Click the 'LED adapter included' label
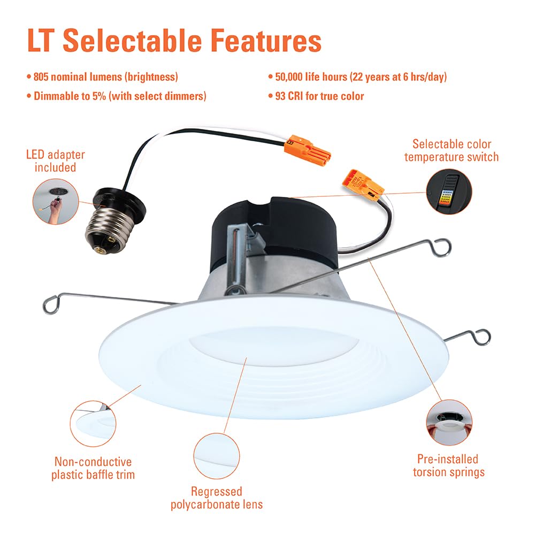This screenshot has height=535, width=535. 56,161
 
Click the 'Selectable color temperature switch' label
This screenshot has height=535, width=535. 452,150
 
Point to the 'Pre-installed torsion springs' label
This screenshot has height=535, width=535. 448,465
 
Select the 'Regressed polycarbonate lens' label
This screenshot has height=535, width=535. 217,498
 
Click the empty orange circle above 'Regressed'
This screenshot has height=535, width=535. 216,455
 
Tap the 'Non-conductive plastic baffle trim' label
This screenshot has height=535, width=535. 93,468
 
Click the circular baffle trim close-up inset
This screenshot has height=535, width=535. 94,422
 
